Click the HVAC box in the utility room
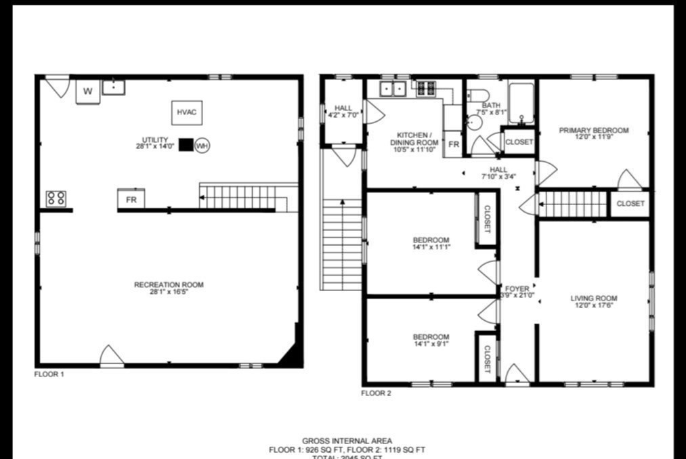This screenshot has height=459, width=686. tap(186, 112)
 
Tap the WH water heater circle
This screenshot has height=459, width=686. tap(202, 146)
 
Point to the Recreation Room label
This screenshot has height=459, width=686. tap(169, 288)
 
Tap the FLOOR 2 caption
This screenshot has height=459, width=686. tap(376, 393)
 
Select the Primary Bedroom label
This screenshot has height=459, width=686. tap(594, 134)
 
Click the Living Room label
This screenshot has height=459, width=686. tap(593, 302)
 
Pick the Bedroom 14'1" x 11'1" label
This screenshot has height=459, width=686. tap(431, 244)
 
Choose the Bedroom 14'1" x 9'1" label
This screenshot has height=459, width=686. tap(431, 340)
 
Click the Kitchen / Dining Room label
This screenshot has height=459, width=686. tap(413, 142)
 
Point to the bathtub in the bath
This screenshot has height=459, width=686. tap(521, 102)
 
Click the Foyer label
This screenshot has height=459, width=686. tap(517, 292)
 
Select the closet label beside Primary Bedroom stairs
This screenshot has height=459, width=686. tap(630, 204)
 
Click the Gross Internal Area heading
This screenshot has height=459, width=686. tap(347, 441)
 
